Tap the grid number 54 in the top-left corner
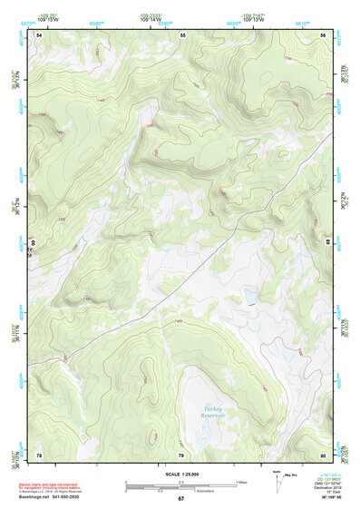tap(39, 34)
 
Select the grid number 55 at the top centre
tap(182, 34)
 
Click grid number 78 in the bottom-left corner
tap(39, 455)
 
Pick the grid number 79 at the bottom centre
tap(180, 455)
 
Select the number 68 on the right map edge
tap(328, 218)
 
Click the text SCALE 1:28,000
tap(180, 474)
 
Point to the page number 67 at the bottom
tap(180, 499)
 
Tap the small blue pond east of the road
tap(246, 298)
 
